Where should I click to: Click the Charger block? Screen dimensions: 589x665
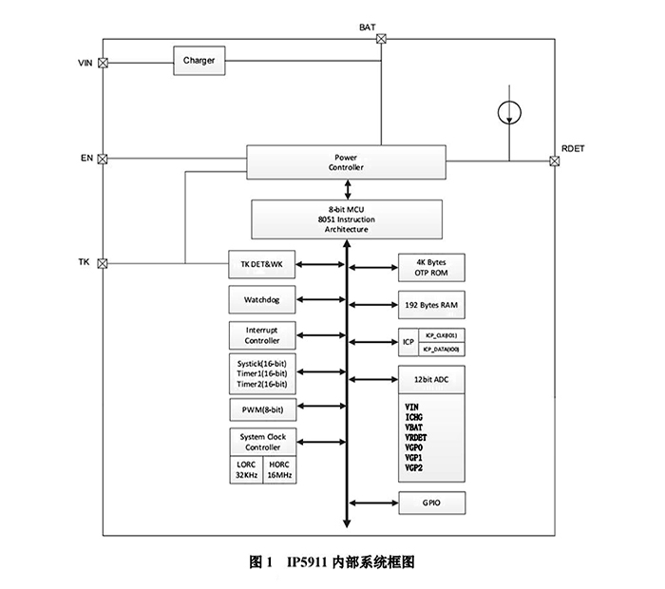point(199,61)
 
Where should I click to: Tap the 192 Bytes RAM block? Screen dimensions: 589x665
point(431,306)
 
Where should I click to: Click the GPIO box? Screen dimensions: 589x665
point(431,502)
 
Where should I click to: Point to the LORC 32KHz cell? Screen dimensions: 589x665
point(245,470)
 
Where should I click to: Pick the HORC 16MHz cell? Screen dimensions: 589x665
point(278,470)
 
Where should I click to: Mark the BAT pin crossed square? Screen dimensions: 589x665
point(381,39)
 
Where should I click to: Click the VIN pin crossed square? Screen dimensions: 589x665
point(104,63)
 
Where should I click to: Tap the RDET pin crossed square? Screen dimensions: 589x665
point(554,161)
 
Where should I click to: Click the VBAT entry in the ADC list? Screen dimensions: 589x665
point(416,427)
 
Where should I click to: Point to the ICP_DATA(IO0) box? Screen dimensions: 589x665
point(443,350)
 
